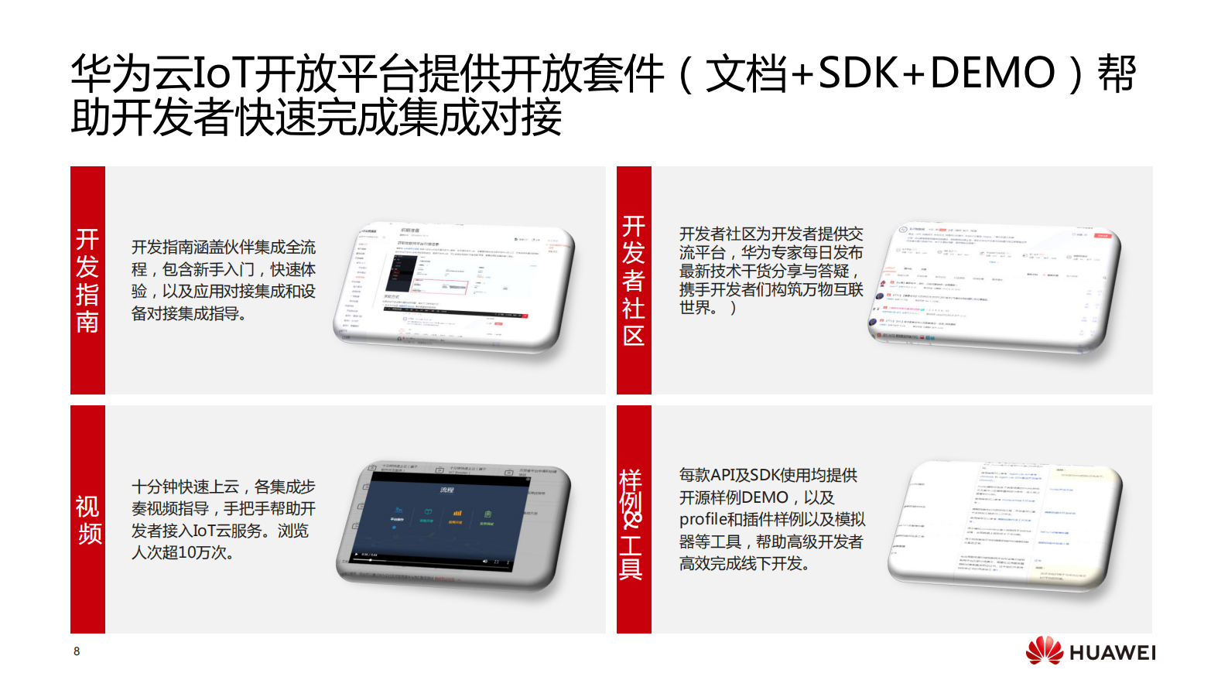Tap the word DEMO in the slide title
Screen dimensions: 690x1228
(992, 73)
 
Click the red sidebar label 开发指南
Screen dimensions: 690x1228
(87, 280)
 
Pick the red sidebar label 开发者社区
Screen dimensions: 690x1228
(633, 280)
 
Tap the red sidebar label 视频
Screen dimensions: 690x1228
(87, 520)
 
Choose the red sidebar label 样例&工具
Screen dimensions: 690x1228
(631, 523)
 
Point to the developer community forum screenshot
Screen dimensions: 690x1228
(994, 286)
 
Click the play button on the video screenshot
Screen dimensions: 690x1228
(357, 555)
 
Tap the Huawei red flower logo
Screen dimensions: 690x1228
(1045, 651)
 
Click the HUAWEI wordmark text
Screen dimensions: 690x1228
(1112, 653)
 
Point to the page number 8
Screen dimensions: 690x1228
(77, 651)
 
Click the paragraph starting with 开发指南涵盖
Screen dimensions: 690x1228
(224, 280)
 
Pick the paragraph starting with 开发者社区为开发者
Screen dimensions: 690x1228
(771, 271)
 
